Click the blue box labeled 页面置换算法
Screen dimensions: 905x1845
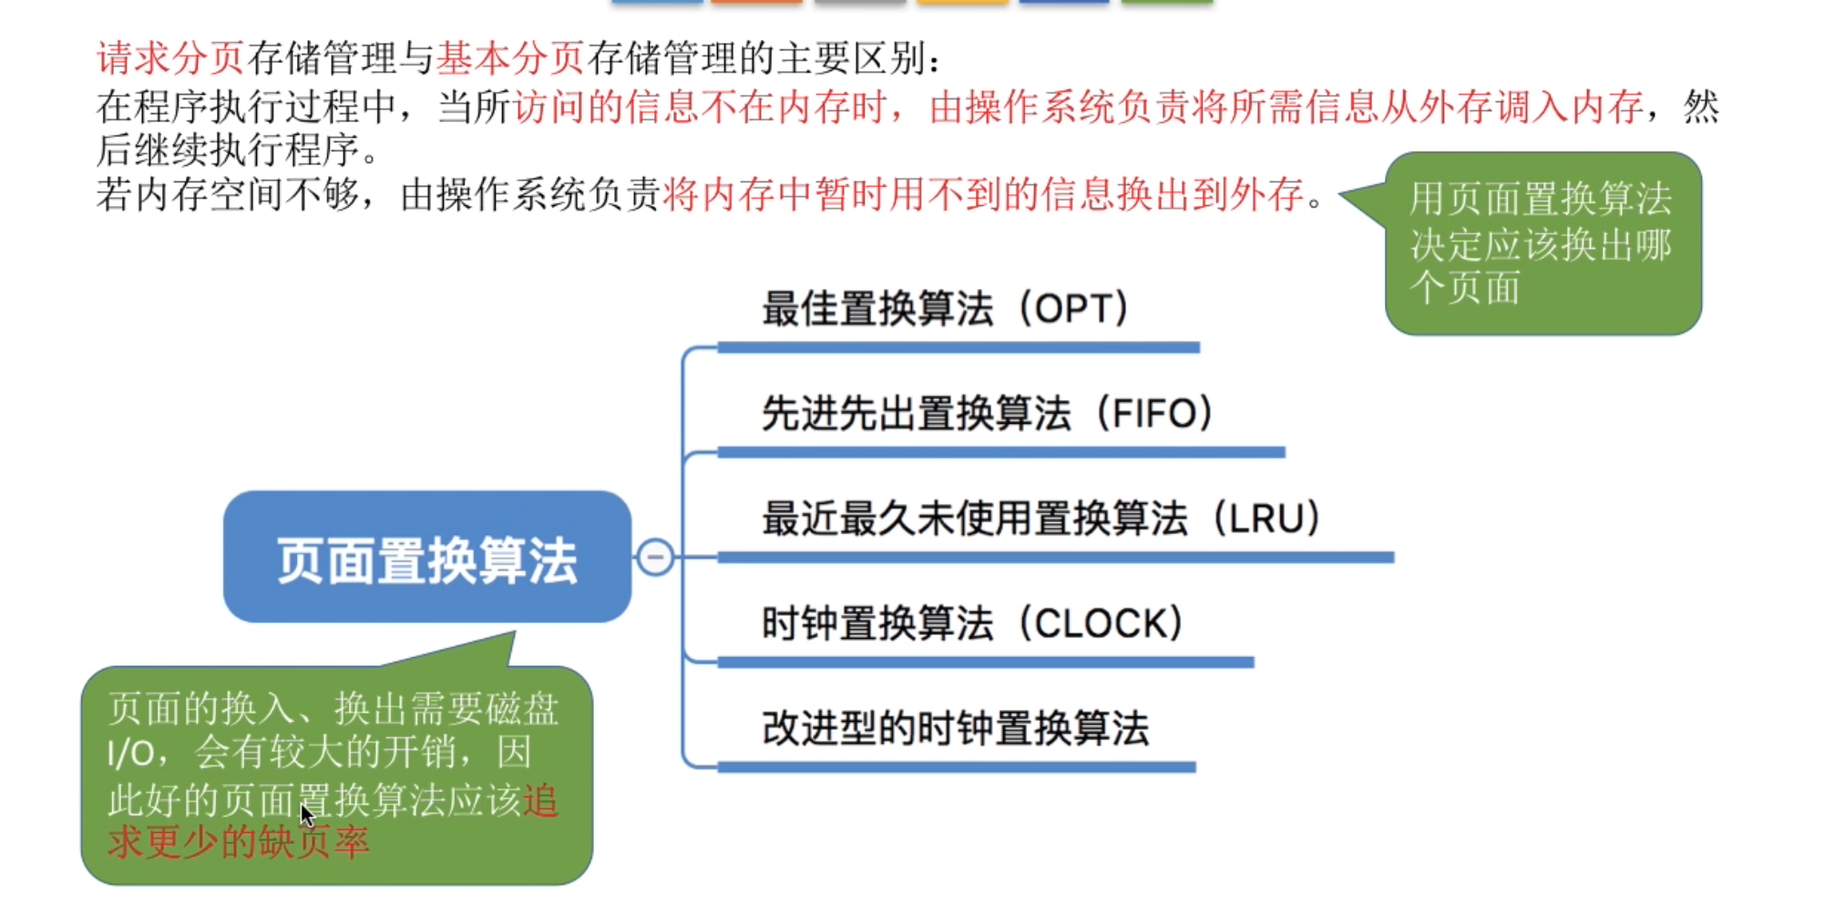click(426, 558)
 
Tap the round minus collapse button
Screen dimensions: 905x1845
click(655, 557)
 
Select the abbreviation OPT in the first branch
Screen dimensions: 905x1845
click(1075, 309)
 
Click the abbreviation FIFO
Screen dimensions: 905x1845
click(1155, 414)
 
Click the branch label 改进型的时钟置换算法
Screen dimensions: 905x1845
click(955, 729)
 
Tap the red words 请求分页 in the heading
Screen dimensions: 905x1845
click(170, 58)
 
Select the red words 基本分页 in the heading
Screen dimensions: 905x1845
click(510, 58)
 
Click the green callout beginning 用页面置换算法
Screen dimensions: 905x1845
click(1543, 243)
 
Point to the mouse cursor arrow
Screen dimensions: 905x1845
click(306, 814)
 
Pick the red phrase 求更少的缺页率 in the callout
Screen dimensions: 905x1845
click(239, 842)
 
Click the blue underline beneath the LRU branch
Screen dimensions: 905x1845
click(1055, 557)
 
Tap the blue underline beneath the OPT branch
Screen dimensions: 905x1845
click(958, 347)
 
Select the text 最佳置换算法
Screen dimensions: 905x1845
click(876, 309)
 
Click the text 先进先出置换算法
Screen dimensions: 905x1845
click(916, 414)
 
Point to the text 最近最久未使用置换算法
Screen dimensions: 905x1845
click(975, 519)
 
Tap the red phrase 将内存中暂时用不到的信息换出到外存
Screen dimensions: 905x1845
click(984, 194)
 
